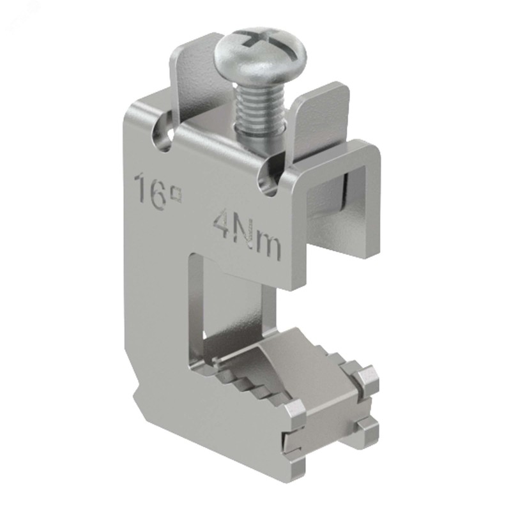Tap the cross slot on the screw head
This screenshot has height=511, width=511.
[x=263, y=40]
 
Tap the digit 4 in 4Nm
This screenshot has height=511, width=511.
[x=222, y=222]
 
